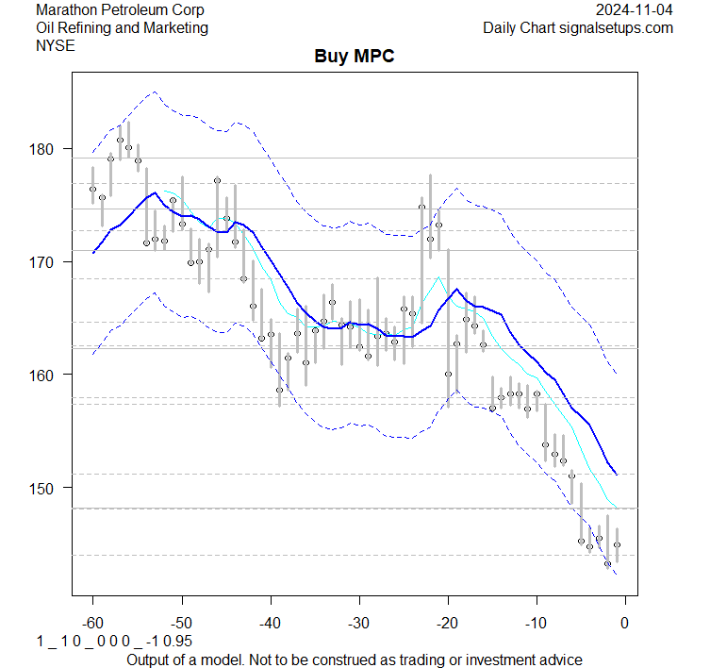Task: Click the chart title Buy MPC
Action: click(354, 57)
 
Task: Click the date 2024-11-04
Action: click(636, 10)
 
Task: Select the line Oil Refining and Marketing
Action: click(122, 27)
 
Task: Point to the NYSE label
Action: click(54, 44)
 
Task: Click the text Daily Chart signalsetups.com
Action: click(578, 27)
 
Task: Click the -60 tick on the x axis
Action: click(92, 623)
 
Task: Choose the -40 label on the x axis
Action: click(270, 623)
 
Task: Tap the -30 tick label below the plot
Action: click(358, 623)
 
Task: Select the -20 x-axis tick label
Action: click(447, 623)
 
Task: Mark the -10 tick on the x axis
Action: click(536, 623)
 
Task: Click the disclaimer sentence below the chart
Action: click(354, 659)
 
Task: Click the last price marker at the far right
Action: click(617, 544)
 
